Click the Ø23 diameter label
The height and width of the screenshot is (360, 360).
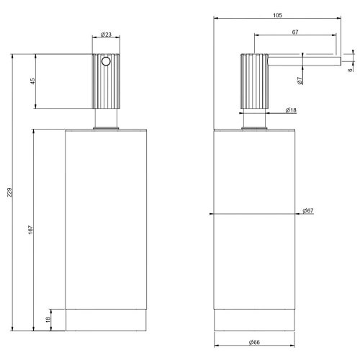pyautogui.click(x=106, y=35)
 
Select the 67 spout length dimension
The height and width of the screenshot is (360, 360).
pyautogui.click(x=296, y=32)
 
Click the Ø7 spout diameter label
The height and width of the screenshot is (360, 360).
pyautogui.click(x=299, y=81)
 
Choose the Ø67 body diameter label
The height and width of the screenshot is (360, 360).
pyautogui.click(x=308, y=210)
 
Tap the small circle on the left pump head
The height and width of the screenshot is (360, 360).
pyautogui.click(x=107, y=63)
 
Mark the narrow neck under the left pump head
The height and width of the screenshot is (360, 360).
pyautogui.click(x=106, y=119)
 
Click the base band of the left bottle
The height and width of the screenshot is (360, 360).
pyautogui.click(x=106, y=320)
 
